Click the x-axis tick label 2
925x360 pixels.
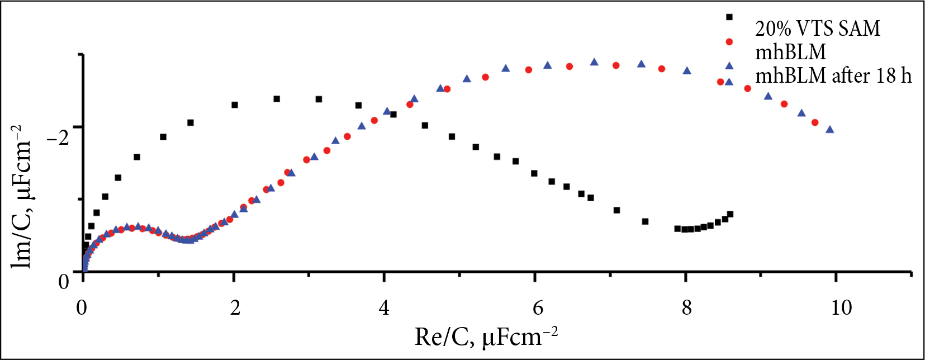[235, 307]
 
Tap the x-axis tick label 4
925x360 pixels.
[384, 307]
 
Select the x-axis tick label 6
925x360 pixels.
[537, 307]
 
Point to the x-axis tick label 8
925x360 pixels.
[686, 307]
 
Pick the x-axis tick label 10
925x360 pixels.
[841, 307]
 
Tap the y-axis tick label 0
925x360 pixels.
[64, 281]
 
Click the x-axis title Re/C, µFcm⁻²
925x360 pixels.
[486, 337]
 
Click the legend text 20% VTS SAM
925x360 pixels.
[818, 29]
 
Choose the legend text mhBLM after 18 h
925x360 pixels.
[833, 75]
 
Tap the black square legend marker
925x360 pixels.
[729, 17]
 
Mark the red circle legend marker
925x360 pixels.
[729, 41]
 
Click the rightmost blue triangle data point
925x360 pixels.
[830, 130]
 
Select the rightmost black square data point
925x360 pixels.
[730, 214]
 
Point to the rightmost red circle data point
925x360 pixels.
[815, 122]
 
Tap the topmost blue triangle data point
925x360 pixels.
[594, 62]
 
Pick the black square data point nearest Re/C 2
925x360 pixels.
[235, 105]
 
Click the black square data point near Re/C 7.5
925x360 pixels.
[645, 221]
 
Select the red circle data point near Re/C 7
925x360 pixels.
[616, 65]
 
